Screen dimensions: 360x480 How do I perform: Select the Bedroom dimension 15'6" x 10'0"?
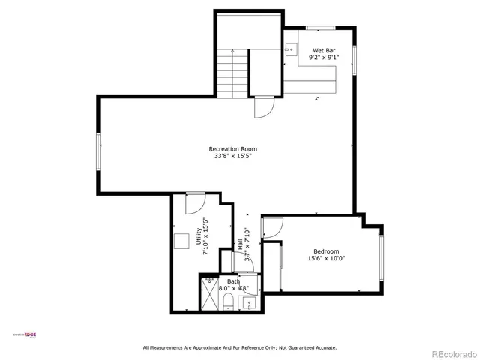[326, 259]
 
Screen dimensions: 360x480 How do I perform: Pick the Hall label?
[240, 244]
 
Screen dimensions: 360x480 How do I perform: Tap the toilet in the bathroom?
[226, 302]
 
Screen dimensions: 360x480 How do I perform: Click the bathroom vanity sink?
[248, 304]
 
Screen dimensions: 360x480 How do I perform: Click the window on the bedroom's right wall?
[381, 259]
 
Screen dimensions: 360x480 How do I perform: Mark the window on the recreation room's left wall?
[97, 151]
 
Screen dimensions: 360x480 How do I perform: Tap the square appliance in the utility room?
[181, 240]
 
